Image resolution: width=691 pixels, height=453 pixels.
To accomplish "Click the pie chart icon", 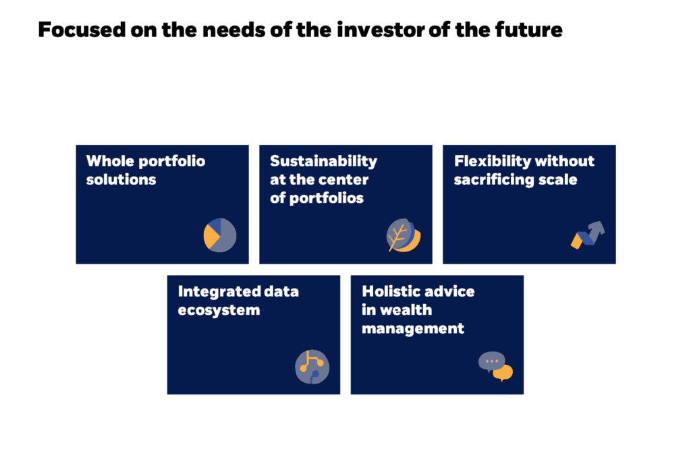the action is point(220,235).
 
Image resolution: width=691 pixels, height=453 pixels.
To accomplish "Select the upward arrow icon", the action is point(588,235).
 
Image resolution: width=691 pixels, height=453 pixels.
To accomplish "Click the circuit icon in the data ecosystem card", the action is point(312,367).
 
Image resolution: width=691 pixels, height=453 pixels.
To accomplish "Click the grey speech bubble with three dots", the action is point(491,362).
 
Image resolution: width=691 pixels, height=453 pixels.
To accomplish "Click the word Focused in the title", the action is point(82,30).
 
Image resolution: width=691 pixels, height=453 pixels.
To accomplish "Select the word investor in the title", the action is point(381,30).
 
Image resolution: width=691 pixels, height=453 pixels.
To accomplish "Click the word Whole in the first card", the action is point(110,161).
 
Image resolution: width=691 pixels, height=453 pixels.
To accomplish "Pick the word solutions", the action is point(121,179).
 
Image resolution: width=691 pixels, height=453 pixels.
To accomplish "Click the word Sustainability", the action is point(323,161).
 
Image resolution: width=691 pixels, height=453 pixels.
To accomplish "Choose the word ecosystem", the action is point(219,310).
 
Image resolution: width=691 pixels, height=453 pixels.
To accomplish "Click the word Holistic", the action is point(389,291).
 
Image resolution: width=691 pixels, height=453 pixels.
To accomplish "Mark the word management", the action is point(413,329).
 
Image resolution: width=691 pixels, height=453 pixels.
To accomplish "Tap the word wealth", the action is point(406,310).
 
